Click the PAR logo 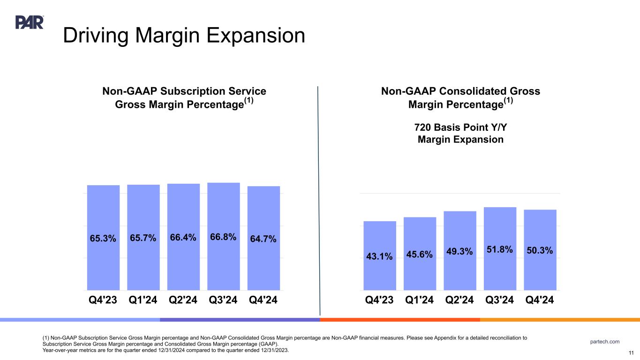(x=30, y=22)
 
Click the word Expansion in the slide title (x=250, y=36)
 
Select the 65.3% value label (x=103, y=239)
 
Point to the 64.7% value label (x=264, y=240)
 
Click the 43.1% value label (x=380, y=256)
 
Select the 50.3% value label (x=540, y=251)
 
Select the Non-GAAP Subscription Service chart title (x=184, y=97)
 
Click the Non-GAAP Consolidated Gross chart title (x=461, y=97)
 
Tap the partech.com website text (x=604, y=341)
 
